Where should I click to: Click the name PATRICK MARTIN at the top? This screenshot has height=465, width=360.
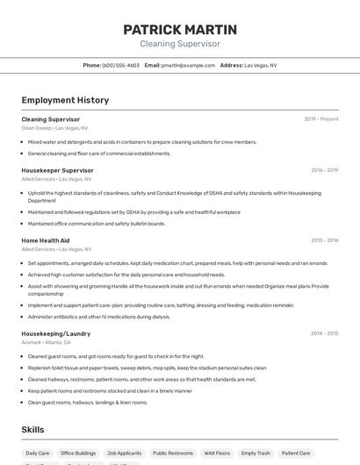(180, 29)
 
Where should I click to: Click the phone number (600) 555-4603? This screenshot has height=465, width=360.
(120, 65)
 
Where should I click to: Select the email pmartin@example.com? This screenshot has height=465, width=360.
(188, 65)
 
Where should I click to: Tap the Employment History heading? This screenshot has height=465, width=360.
(65, 100)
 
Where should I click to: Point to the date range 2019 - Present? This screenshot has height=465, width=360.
(321, 118)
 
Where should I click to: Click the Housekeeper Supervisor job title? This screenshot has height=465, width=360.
(57, 170)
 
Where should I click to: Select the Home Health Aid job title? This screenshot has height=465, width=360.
(45, 240)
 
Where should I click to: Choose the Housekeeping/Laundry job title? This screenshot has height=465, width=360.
(55, 333)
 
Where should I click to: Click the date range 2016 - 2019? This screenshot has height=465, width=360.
(324, 170)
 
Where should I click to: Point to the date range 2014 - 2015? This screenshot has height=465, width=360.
(324, 333)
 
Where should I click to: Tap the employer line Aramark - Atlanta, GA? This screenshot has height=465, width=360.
(46, 342)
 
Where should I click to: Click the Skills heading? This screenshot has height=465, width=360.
(32, 429)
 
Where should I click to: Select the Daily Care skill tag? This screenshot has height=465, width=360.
(38, 454)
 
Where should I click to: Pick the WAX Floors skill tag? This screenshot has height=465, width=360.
(217, 454)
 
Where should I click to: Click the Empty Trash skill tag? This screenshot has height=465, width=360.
(256, 454)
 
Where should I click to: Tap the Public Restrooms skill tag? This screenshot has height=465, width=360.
(172, 454)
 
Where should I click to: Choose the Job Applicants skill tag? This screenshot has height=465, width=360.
(124, 454)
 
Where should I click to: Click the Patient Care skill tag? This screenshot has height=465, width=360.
(296, 454)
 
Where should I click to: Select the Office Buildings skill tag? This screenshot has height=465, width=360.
(79, 454)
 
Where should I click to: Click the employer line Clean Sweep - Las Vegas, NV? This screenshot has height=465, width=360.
(54, 128)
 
